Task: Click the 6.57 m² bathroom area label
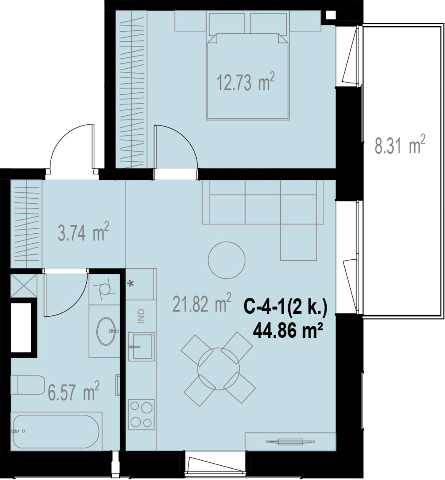coord(74,391)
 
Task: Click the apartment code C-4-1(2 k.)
coord(286,307)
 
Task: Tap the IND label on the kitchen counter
coord(141,316)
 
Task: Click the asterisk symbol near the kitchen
coord(131,284)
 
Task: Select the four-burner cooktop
coord(141,414)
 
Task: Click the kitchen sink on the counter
coord(141,345)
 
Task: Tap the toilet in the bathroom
coord(28,385)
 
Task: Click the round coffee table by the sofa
coord(226,260)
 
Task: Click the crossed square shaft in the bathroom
coord(24,285)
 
